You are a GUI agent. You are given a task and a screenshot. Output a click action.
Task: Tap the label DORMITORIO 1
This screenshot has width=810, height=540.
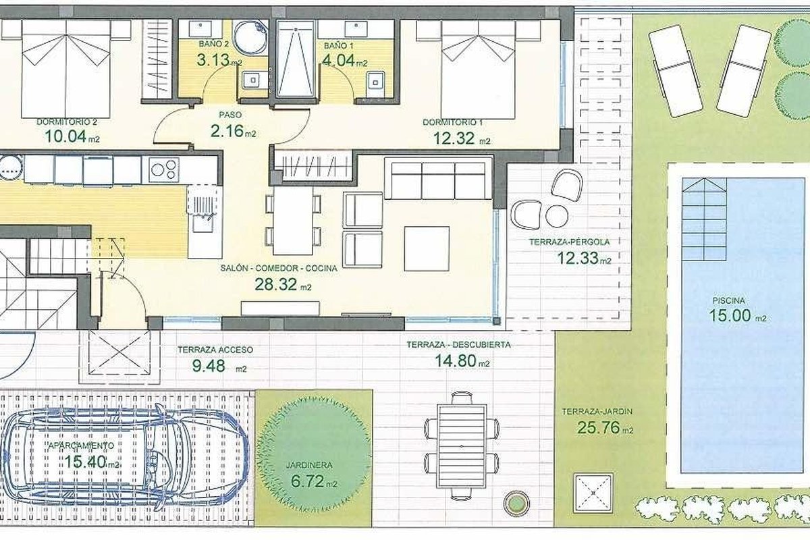click(x=452, y=122)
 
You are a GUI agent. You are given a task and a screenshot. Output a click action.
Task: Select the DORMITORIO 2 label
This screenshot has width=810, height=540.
click(x=67, y=122)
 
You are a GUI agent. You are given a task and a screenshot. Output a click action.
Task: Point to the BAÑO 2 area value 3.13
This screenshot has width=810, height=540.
click(x=213, y=59)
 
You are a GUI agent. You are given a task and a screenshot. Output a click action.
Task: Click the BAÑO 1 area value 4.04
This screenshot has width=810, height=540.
click(x=338, y=60)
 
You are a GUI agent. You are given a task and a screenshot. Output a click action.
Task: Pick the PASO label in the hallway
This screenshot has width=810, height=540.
click(x=230, y=115)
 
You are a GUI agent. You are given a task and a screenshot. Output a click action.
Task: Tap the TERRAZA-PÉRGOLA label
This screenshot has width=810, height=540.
click(x=570, y=242)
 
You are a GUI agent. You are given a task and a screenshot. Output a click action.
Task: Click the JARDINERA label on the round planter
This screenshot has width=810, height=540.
click(x=309, y=465)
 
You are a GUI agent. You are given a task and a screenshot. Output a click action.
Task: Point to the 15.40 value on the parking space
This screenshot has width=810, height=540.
click(x=85, y=462)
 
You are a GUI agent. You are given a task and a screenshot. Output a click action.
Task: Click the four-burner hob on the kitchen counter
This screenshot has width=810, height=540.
click(x=164, y=169)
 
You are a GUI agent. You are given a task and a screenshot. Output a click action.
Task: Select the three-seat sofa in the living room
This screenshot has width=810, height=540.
click(x=438, y=178)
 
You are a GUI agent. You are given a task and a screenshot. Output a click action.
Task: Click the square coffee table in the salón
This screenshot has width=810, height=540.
click(x=427, y=249)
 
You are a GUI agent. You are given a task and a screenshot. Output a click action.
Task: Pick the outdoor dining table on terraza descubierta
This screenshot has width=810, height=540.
click(x=462, y=447)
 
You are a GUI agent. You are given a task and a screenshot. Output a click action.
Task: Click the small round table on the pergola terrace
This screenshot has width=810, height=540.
click(x=557, y=216)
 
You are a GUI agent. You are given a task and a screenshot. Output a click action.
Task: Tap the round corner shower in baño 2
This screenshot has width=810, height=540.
click(x=250, y=37)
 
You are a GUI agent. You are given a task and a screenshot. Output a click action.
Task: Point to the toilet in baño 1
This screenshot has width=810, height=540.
click(x=376, y=84)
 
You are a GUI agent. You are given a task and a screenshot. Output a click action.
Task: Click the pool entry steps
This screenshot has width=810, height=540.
click(x=704, y=219)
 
